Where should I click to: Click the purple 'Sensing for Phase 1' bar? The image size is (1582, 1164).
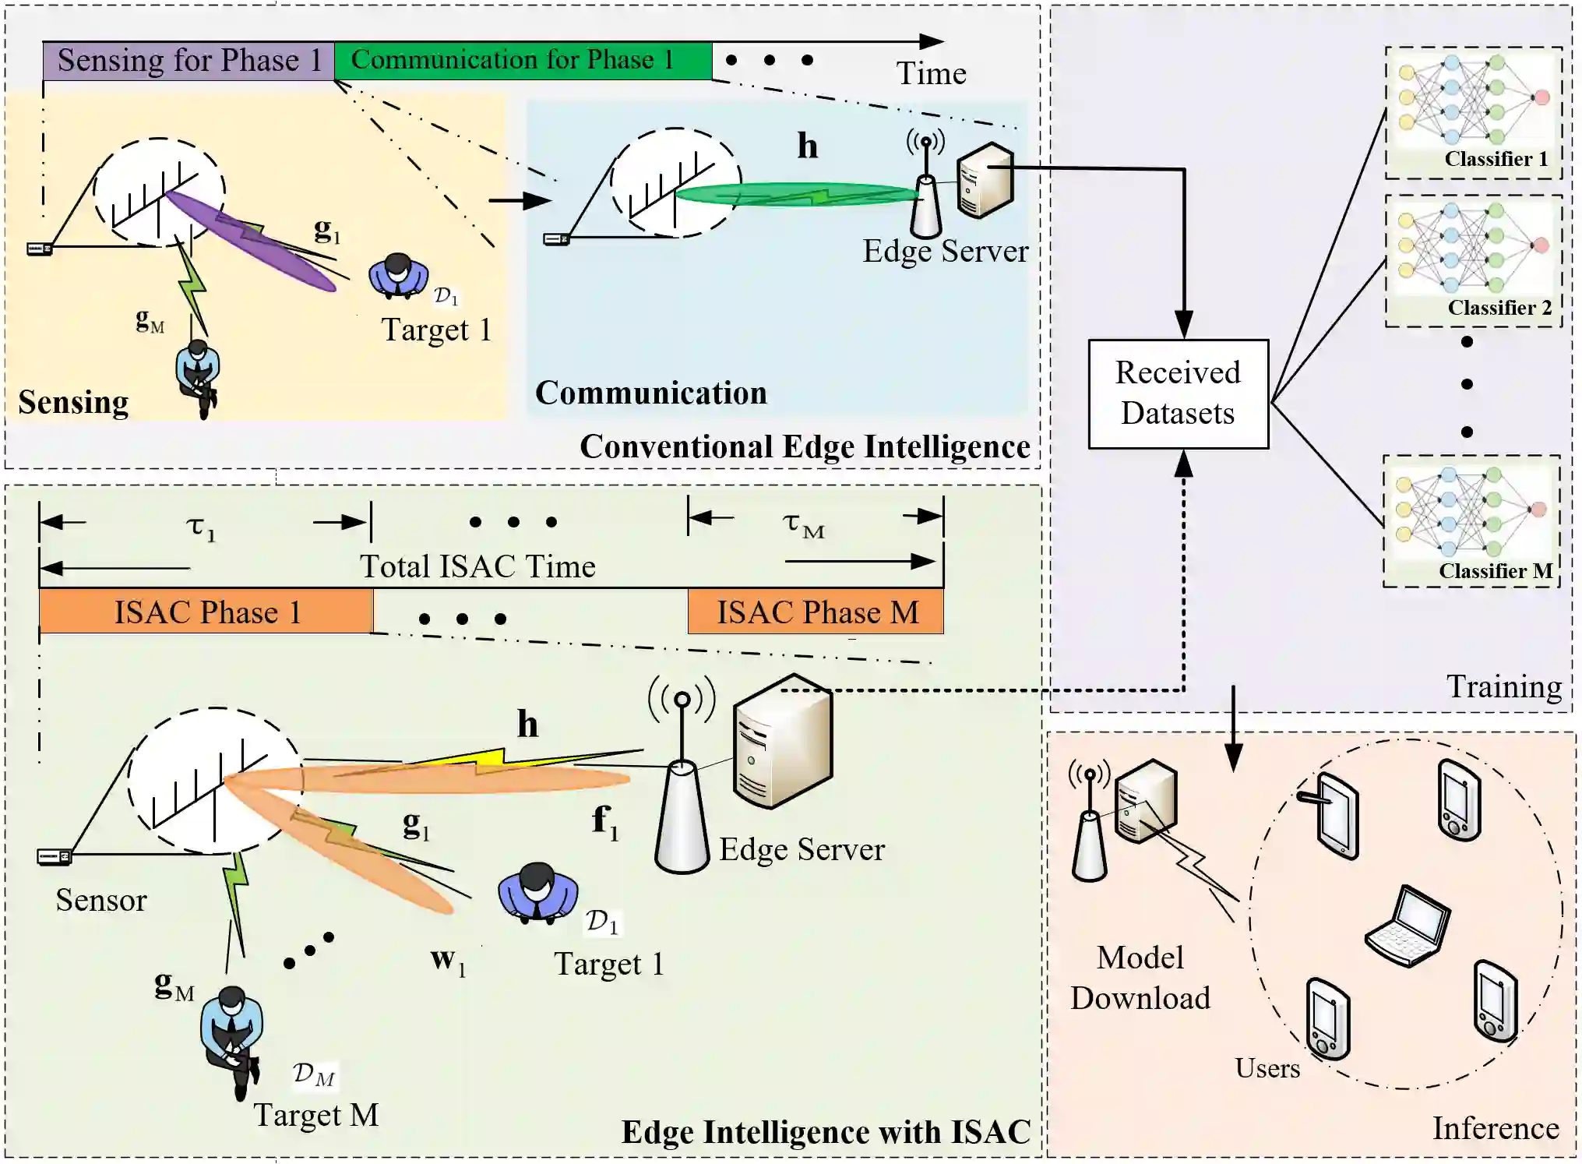[189, 61]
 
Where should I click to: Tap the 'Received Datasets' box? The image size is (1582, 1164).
[1178, 393]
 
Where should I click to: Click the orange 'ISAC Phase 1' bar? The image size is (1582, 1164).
[206, 612]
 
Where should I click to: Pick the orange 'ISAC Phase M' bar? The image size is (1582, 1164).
[816, 612]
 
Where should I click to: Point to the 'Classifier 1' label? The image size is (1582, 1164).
[1496, 159]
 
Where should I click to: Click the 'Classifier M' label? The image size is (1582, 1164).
[1495, 571]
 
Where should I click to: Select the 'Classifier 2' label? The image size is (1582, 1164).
[1499, 308]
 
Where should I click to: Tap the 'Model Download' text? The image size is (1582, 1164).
[1140, 978]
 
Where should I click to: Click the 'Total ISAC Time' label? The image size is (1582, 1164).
[477, 566]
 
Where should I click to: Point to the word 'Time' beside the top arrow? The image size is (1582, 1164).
[931, 74]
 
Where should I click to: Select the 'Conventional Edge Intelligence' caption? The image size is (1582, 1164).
[805, 447]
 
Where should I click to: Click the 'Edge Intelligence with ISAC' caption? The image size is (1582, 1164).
[826, 1132]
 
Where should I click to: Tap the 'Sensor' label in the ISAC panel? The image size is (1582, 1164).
[101, 901]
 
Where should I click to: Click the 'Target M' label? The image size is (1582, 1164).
[316, 1115]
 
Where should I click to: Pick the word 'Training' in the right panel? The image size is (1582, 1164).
[1503, 687]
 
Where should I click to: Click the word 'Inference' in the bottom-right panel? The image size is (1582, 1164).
[1496, 1128]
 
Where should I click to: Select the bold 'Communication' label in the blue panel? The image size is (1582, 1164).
[650, 393]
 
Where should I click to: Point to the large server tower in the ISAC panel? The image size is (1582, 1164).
[782, 740]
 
